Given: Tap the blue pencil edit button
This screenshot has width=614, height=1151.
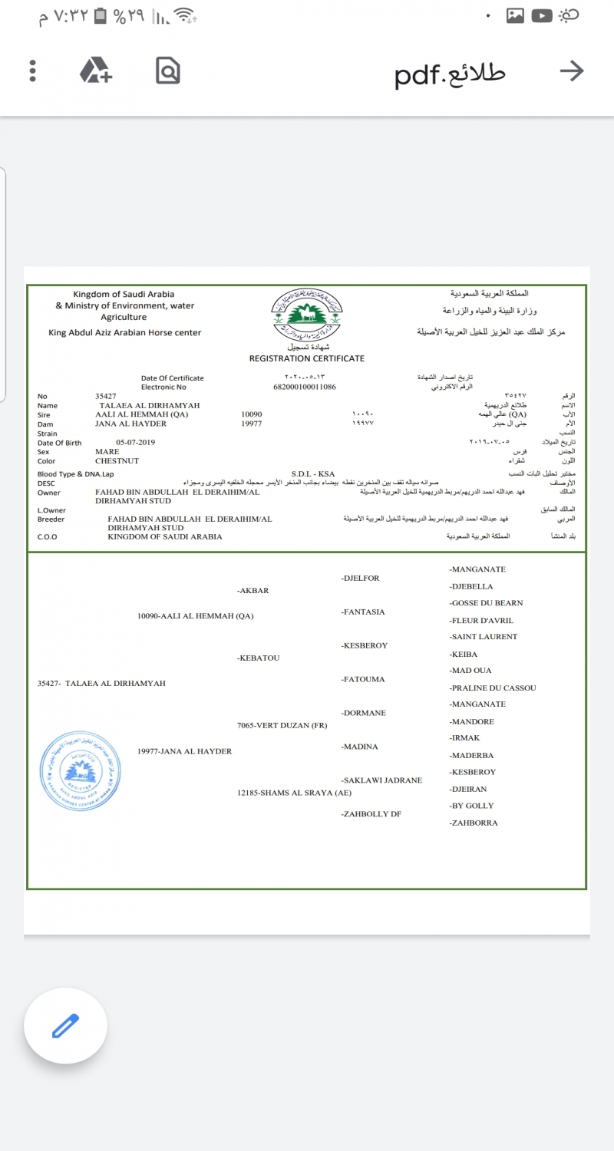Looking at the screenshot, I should (65, 1026).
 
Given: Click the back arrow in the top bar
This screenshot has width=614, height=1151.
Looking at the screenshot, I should (572, 71).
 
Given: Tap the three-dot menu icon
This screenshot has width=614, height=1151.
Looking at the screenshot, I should (32, 71).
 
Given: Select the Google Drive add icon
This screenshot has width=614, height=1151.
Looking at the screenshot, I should (96, 71).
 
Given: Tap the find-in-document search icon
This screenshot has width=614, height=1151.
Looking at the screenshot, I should (167, 71).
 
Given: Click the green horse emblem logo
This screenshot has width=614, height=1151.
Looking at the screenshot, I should (306, 314).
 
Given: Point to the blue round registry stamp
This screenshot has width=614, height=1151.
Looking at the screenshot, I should (81, 767).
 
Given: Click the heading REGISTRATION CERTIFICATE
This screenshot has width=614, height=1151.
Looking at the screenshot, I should (306, 358).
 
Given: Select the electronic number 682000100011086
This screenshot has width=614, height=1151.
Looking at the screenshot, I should (305, 388).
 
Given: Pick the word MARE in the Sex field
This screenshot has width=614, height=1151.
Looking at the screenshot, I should (107, 452).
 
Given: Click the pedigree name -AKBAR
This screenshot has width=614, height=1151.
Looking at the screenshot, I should (253, 591).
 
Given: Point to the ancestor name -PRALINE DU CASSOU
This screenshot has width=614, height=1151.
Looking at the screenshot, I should (493, 688).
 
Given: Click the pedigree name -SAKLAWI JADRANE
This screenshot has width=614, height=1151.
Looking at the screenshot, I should (381, 780).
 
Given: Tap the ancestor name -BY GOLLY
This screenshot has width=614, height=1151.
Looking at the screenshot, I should (472, 806).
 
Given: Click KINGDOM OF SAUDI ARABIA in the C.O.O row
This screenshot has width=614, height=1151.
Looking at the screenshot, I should (165, 536).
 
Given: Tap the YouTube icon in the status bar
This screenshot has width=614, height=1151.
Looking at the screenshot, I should (542, 15).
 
